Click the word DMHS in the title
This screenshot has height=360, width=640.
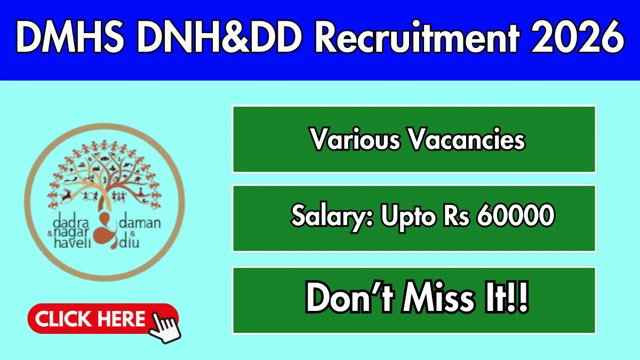click(70, 37)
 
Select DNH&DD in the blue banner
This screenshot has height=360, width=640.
click(219, 37)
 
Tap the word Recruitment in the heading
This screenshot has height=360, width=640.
click(417, 37)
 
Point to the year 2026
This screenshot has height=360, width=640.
click(577, 37)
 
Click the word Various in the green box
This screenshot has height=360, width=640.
click(356, 139)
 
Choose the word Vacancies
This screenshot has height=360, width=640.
click(467, 139)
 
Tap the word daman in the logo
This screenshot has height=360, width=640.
click(140, 223)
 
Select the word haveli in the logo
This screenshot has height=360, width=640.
click(73, 242)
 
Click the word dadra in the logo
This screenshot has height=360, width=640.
click(71, 222)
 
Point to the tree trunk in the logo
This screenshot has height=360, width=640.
click(103, 200)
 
